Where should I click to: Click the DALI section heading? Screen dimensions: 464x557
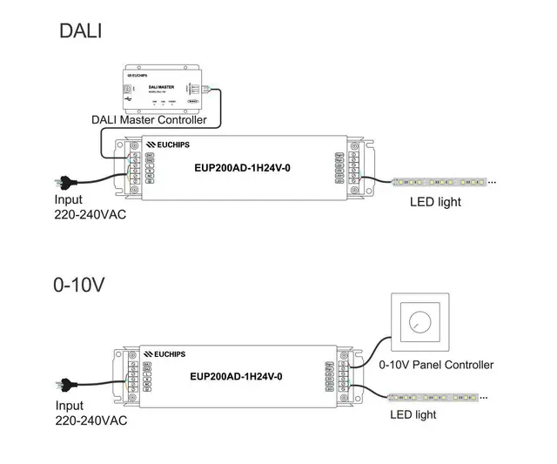[81, 30]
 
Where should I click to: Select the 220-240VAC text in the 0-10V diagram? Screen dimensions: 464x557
[91, 420]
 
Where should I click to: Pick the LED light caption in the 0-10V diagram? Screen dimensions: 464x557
[413, 415]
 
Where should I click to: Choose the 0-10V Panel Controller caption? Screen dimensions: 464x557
[436, 365]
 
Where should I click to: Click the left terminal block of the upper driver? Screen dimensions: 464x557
[137, 166]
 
